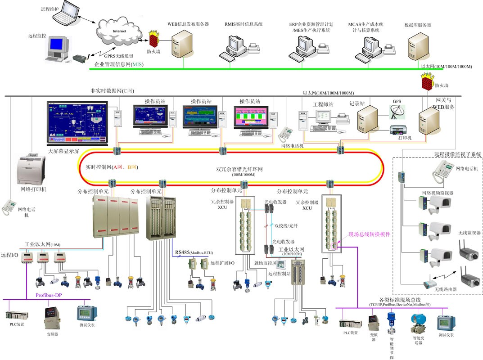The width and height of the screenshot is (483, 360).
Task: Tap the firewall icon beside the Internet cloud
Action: [x=154, y=38]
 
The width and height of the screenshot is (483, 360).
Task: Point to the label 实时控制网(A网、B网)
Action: [x=111, y=167]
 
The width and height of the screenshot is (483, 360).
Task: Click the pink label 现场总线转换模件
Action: [x=369, y=234]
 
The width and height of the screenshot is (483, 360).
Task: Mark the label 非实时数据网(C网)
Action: [x=112, y=91]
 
